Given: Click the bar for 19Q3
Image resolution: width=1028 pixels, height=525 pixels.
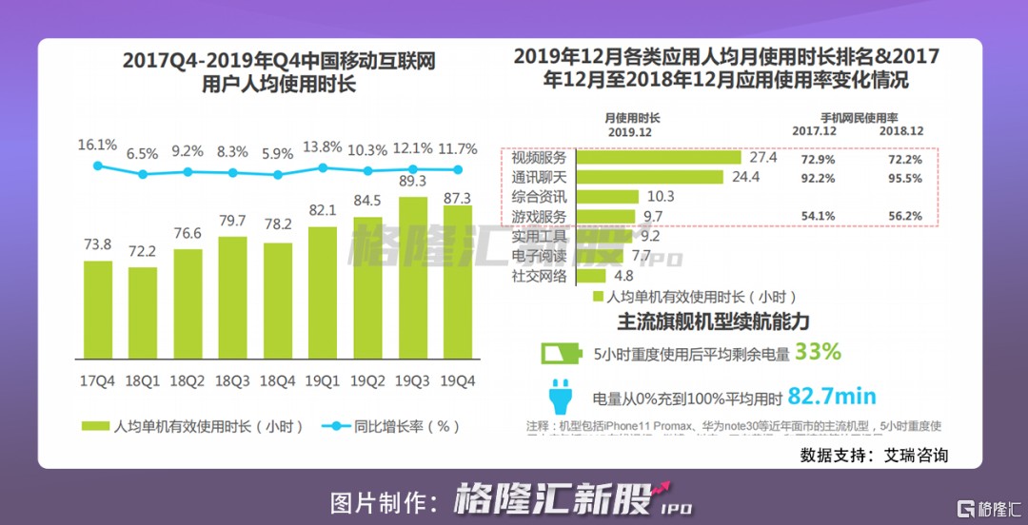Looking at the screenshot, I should [x=413, y=277].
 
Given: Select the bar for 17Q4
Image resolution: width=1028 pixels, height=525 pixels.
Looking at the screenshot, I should [x=98, y=309].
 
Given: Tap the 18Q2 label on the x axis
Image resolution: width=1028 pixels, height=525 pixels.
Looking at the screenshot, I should [x=188, y=380].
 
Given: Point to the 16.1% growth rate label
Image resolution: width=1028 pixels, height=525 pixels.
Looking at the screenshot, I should [x=97, y=146].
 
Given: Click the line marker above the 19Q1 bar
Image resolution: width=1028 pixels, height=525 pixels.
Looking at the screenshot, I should [x=323, y=167].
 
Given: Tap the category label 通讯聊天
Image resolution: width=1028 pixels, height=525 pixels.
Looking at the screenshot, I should [x=539, y=177].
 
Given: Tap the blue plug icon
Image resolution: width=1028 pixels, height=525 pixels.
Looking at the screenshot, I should [x=560, y=396].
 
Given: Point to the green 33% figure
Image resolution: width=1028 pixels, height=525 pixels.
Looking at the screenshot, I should [x=819, y=352].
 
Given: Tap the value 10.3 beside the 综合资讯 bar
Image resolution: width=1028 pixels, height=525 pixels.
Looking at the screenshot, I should [x=660, y=197].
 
